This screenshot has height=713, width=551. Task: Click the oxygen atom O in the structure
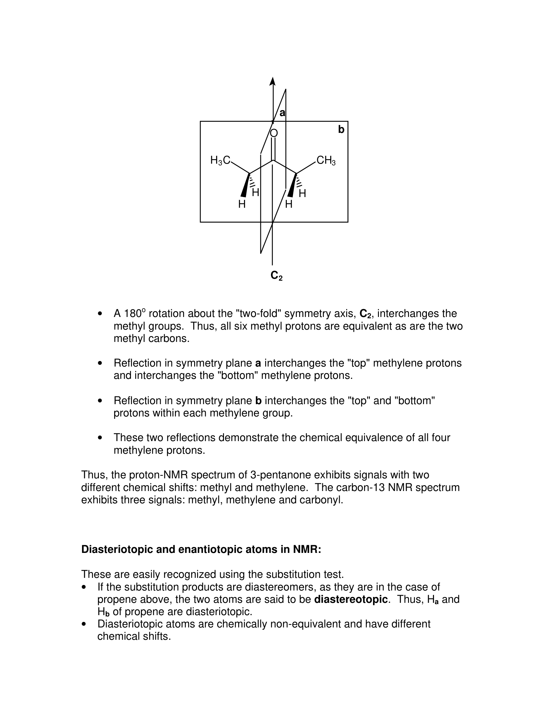(x=274, y=133)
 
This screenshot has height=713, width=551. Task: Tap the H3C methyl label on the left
(x=220, y=160)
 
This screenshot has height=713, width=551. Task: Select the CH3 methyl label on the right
(x=326, y=160)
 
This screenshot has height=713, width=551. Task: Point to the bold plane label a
(x=282, y=113)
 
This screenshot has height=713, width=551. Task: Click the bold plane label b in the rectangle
(x=341, y=130)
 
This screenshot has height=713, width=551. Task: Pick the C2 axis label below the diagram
(x=276, y=276)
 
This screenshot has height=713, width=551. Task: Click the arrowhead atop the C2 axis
(x=272, y=81)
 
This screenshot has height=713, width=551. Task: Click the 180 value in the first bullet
(x=132, y=314)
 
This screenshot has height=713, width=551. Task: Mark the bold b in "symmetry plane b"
(x=258, y=401)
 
